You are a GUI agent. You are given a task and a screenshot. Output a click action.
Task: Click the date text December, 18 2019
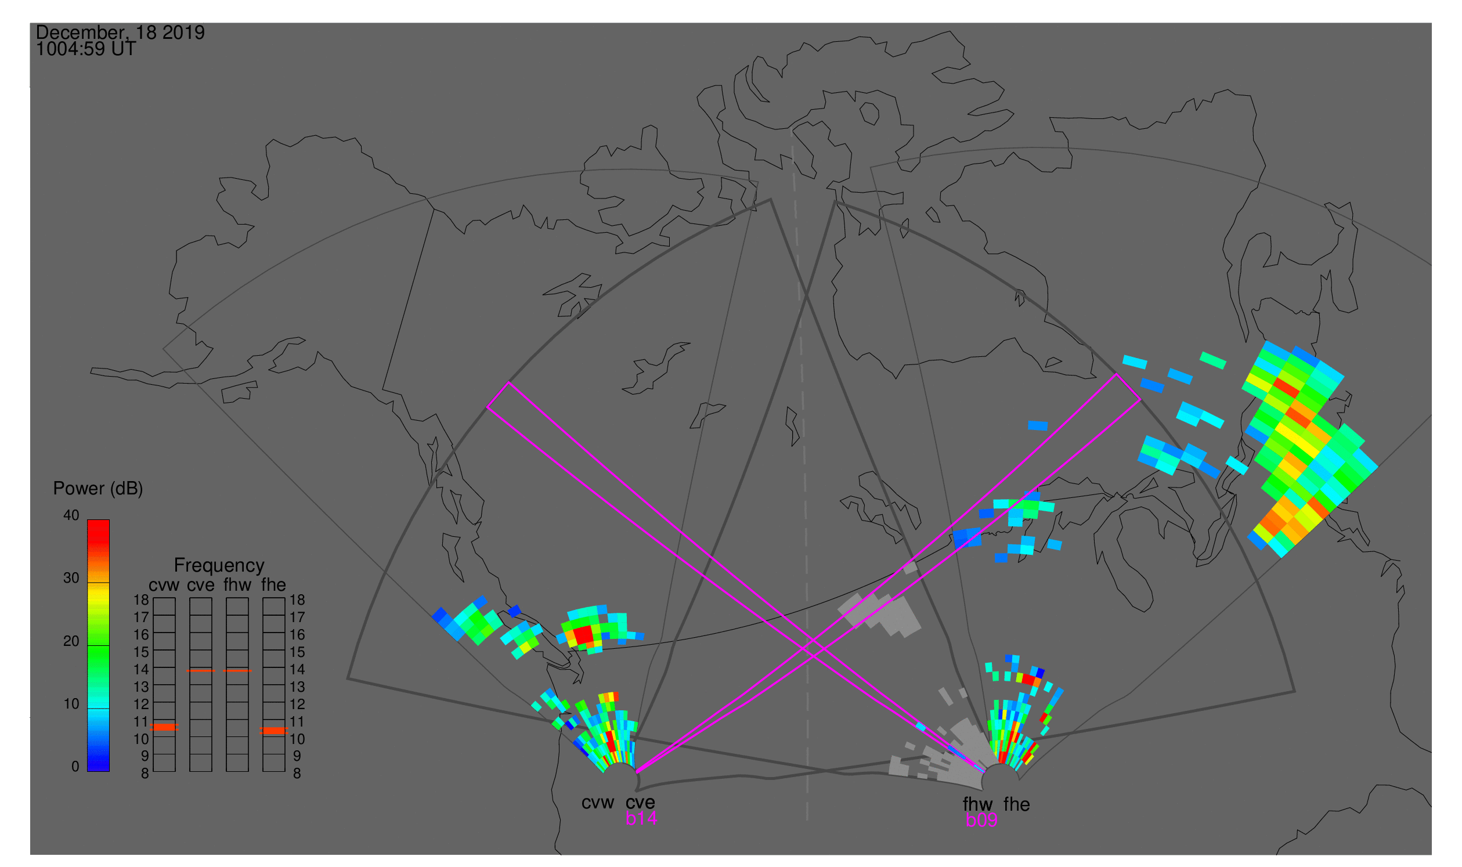(120, 32)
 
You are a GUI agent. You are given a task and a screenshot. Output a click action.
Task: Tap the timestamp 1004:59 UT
(86, 49)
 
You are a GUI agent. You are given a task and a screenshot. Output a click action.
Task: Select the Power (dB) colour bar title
(98, 489)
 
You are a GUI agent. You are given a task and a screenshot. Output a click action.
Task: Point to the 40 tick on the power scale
(71, 516)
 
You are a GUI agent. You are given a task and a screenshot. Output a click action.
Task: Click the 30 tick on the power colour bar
(71, 579)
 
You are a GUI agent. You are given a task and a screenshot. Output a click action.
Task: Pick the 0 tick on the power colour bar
(75, 767)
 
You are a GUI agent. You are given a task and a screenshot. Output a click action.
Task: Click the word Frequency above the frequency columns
(219, 566)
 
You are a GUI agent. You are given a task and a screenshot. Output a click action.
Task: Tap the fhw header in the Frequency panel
(237, 586)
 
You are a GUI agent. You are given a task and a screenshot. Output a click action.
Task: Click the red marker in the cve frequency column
(200, 671)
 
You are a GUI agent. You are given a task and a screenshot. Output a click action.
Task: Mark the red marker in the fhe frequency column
(273, 731)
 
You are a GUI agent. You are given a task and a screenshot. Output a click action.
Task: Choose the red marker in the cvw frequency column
(164, 728)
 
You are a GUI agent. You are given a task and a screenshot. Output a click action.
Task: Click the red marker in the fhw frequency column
(237, 671)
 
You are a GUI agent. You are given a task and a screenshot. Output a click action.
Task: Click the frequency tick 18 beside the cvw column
(142, 601)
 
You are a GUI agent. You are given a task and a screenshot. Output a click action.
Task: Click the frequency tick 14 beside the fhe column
(297, 670)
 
